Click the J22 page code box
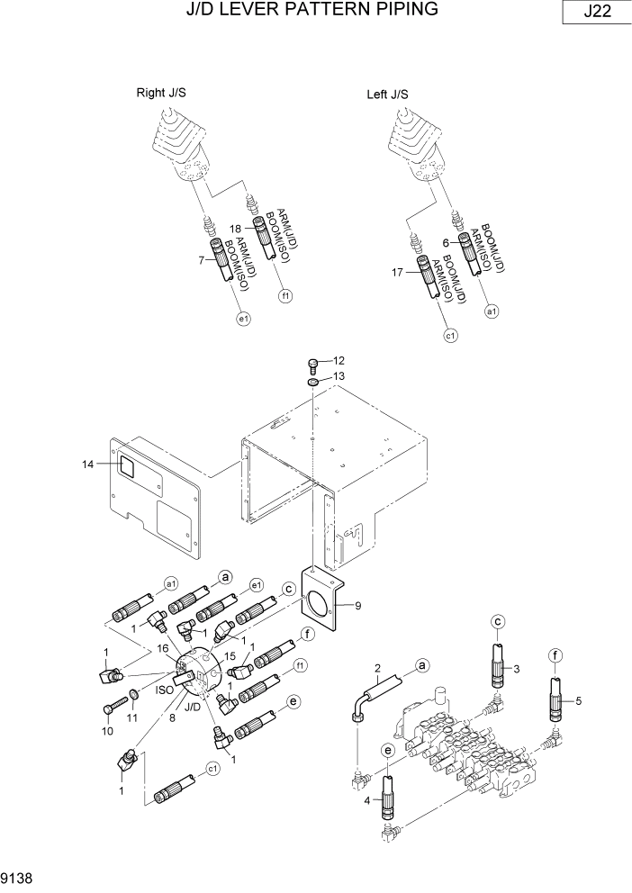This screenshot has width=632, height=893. click(x=594, y=13)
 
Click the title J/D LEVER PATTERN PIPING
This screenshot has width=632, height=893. click(x=311, y=10)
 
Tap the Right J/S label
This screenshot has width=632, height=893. click(x=161, y=93)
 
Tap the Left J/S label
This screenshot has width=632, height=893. click(x=388, y=94)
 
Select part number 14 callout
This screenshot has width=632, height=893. click(x=87, y=465)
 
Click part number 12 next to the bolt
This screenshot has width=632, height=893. click(x=326, y=361)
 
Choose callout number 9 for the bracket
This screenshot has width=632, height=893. click(x=357, y=606)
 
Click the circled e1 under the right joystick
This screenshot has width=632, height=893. click(x=243, y=318)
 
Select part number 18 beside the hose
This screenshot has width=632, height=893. click(x=237, y=229)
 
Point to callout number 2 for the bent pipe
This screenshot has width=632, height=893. click(x=378, y=666)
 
